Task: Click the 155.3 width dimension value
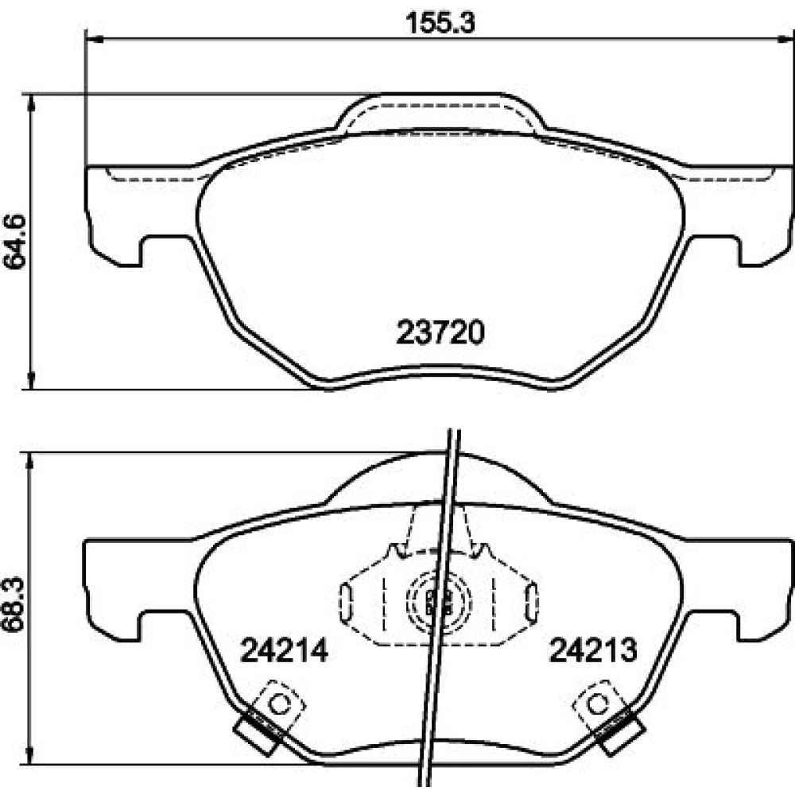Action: pyautogui.click(x=440, y=23)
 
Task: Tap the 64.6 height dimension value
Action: pyautogui.click(x=14, y=241)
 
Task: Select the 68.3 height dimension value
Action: pyautogui.click(x=14, y=603)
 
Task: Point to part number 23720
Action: pyautogui.click(x=440, y=332)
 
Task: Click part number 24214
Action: pyautogui.click(x=284, y=650)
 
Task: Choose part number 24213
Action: pyautogui.click(x=593, y=650)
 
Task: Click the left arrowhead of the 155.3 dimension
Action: pyautogui.click(x=95, y=38)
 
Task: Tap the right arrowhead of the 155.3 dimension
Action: pyautogui.click(x=785, y=38)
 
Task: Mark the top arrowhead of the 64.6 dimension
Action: pyautogui.click(x=32, y=103)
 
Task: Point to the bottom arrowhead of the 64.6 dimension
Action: pyautogui.click(x=32, y=380)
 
